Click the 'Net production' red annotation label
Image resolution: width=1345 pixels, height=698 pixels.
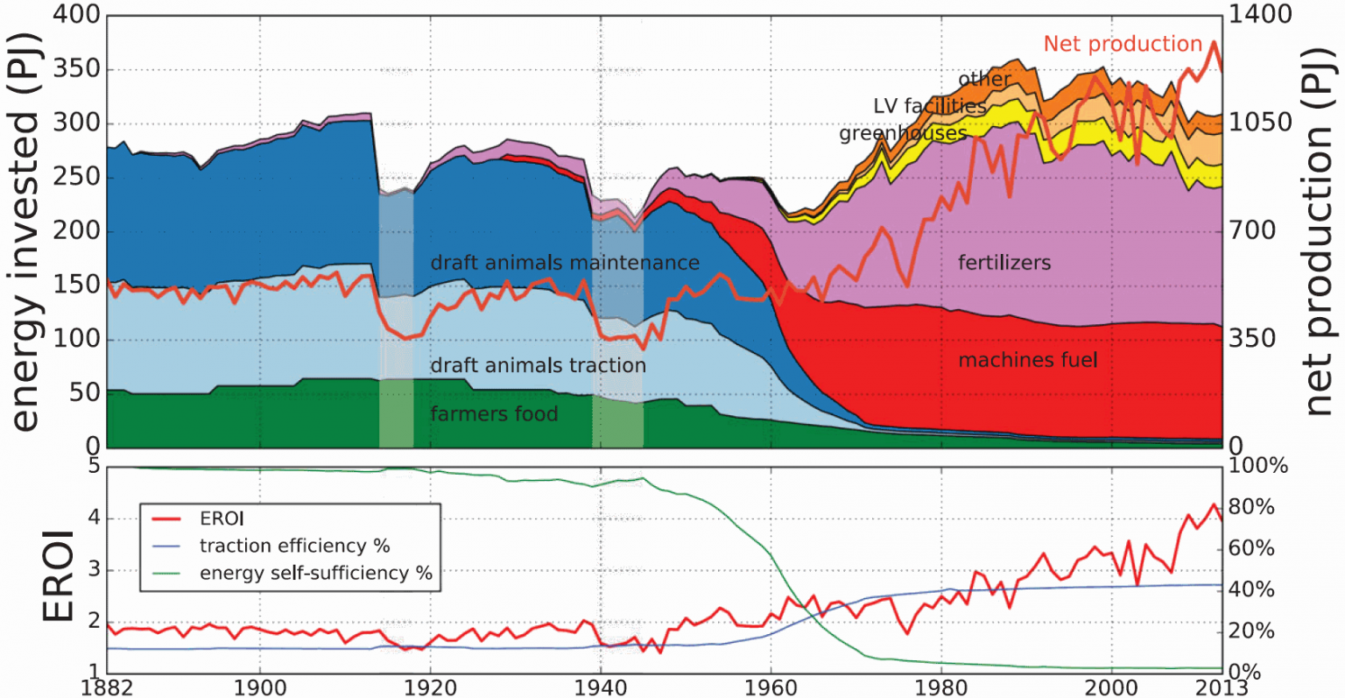coord(1123,44)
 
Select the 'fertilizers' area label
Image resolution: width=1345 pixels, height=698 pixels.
coord(1004,262)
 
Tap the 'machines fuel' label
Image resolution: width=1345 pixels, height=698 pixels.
coord(1028,360)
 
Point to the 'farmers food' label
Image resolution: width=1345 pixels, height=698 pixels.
coord(494,413)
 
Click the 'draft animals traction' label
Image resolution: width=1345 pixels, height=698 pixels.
coord(538,365)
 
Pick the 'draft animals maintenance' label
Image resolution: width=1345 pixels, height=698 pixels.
coord(565,263)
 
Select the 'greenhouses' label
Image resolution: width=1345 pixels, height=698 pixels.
coord(903,133)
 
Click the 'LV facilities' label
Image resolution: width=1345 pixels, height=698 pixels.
coord(929,106)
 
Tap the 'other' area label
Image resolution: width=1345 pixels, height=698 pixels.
coord(984,79)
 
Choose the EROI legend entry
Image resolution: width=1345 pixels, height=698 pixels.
coord(222,518)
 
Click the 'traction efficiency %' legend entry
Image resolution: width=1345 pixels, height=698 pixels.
coord(294,546)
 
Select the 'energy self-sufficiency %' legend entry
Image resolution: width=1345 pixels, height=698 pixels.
coord(316,573)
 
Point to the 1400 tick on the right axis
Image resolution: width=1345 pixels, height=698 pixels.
coord(1261,14)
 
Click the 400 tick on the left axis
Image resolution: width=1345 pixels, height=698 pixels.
coord(77,16)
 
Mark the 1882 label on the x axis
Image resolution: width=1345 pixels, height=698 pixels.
coord(107,687)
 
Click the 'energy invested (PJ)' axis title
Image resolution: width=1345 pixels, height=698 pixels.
coord(26,232)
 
